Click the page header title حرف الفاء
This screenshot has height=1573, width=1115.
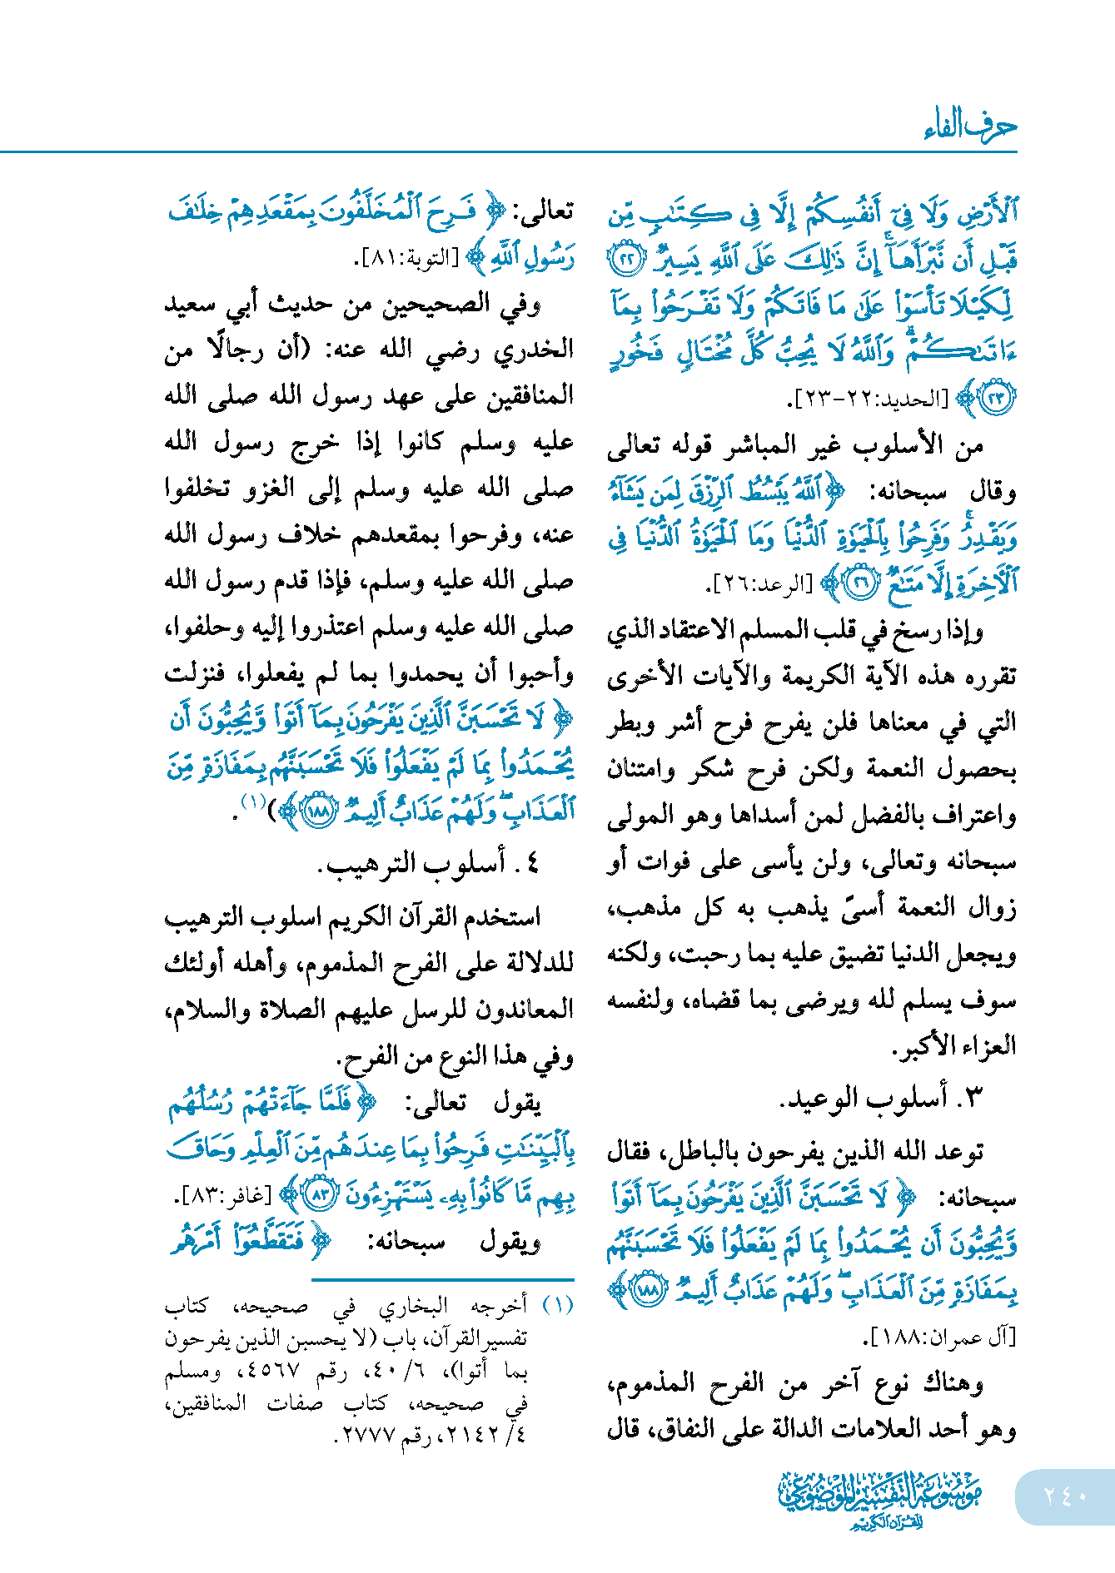969,126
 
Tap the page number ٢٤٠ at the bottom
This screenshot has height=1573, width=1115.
1065,1496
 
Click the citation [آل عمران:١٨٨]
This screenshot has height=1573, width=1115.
940,1337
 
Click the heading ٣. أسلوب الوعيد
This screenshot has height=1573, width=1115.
882,1099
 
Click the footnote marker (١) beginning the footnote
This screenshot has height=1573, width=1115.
559,1305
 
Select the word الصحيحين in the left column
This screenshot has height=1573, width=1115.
436,305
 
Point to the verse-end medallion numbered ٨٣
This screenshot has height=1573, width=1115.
319,1196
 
